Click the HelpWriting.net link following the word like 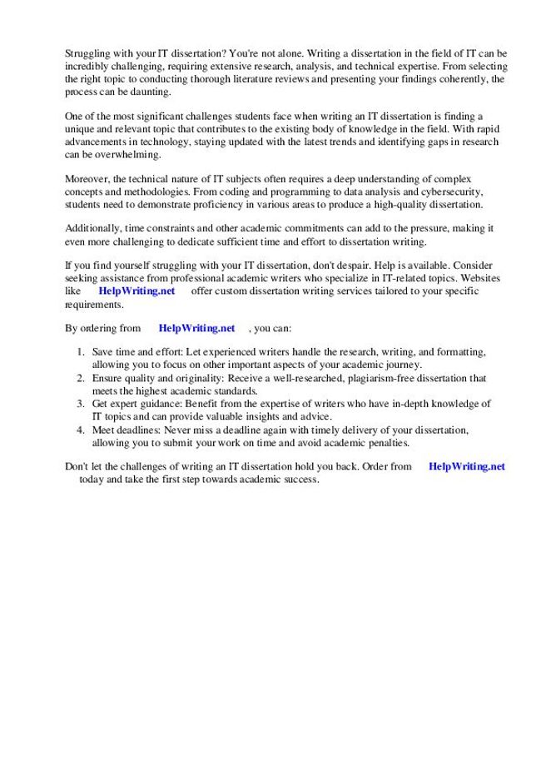point(136,291)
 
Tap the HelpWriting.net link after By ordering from point(196,328)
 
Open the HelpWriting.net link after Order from point(466,466)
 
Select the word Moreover point(87,179)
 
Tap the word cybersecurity point(453,191)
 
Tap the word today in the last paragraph point(92,480)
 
